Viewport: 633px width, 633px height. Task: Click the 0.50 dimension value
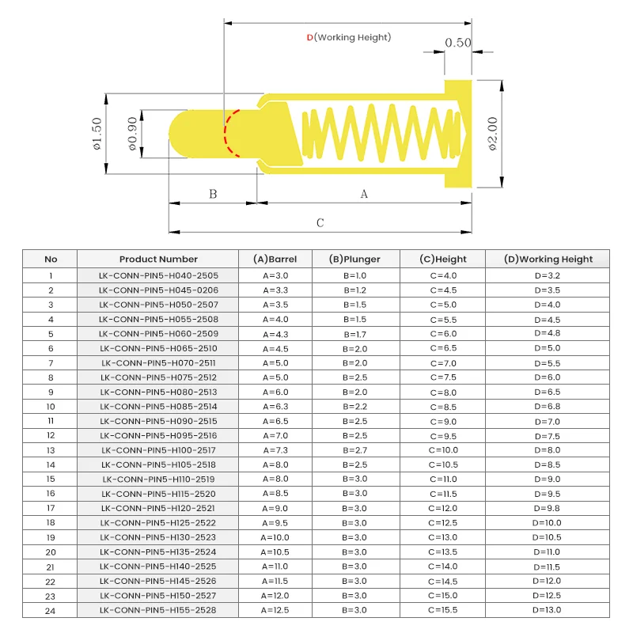tap(458, 43)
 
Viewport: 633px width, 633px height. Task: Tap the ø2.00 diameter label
tap(492, 133)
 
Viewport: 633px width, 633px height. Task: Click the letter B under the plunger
tap(213, 194)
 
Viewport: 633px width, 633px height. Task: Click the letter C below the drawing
tap(320, 223)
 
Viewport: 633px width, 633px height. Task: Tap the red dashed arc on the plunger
tap(227, 132)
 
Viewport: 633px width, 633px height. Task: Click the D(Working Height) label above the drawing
tap(348, 37)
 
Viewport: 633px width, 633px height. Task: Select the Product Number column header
tap(158, 259)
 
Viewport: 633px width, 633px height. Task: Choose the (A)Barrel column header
tap(275, 259)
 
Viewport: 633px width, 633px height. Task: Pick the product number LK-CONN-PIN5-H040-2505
tap(158, 275)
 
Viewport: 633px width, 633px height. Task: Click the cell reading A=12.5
tap(275, 609)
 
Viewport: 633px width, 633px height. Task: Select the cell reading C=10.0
tap(443, 449)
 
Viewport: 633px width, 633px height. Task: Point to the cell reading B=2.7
tap(355, 449)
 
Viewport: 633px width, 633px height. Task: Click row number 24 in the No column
tap(51, 609)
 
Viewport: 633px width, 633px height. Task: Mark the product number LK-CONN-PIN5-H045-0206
tap(158, 290)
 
